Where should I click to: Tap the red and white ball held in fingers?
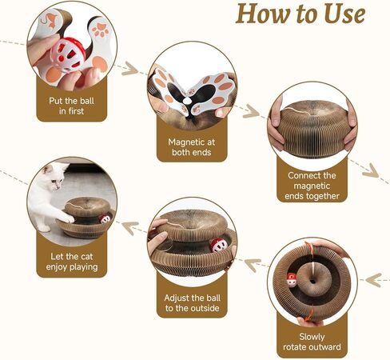tap(68, 54)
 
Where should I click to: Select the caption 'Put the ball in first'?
tap(71, 106)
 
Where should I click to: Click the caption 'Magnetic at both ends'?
tap(192, 147)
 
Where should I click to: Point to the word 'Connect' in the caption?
tap(301, 175)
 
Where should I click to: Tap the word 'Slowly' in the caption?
tap(312, 337)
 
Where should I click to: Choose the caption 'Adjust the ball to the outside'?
tap(192, 303)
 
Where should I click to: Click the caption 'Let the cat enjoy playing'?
tap(72, 262)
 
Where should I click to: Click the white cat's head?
tap(54, 175)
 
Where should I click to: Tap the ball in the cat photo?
tap(105, 219)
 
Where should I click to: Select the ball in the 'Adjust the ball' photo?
tap(219, 246)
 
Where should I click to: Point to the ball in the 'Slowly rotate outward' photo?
tap(292, 280)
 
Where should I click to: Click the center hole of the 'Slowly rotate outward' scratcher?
tap(312, 282)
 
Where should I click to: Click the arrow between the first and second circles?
tap(130, 69)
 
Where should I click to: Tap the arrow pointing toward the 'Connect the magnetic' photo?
tap(251, 111)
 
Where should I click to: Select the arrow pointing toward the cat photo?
tap(130, 227)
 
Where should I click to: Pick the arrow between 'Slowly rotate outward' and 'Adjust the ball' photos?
tap(253, 264)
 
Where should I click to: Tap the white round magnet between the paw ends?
tap(187, 101)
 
